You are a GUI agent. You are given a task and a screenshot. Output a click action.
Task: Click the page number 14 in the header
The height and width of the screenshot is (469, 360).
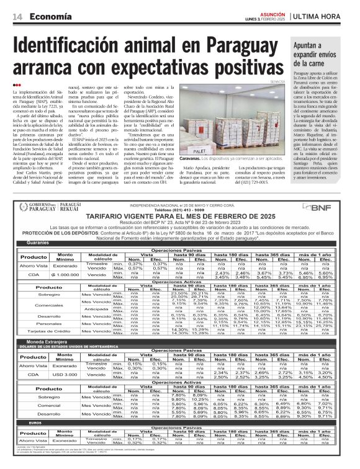pyautogui.click(x=17, y=17)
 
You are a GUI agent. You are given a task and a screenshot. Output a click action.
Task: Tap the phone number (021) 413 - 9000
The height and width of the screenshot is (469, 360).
pyautogui.click(x=180, y=210)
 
